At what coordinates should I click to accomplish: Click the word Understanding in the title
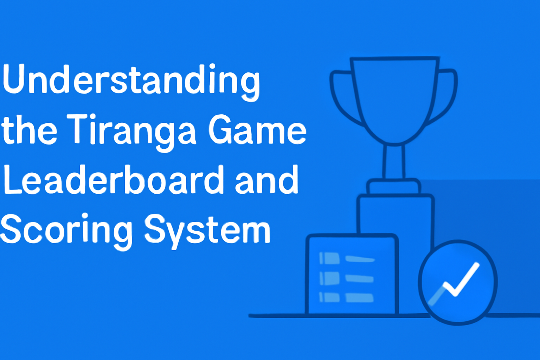(x=131, y=80)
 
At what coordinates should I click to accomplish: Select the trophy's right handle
(x=446, y=95)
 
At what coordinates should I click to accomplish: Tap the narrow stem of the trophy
(x=394, y=162)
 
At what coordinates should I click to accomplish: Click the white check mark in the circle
(x=461, y=279)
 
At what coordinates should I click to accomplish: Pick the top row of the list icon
(x=346, y=259)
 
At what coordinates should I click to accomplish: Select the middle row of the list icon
(x=346, y=278)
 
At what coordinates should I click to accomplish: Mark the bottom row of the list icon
(x=346, y=297)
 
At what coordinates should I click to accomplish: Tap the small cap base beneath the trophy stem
(x=394, y=187)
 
